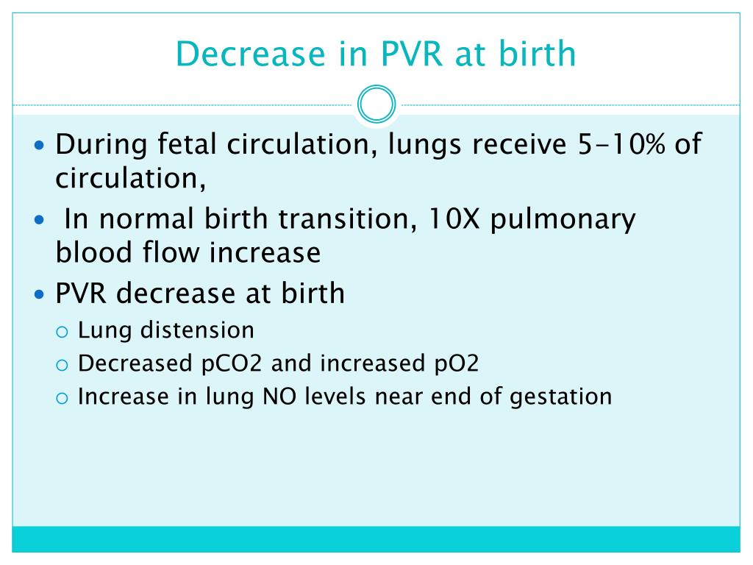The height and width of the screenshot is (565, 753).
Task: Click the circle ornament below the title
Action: (x=376, y=105)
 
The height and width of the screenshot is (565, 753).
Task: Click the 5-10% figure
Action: (x=618, y=144)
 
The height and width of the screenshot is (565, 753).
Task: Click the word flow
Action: (x=163, y=252)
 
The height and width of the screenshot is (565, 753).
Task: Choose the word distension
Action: (x=200, y=330)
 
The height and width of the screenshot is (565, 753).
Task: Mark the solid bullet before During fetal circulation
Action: (x=40, y=144)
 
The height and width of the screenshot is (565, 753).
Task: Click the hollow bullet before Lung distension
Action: (x=63, y=331)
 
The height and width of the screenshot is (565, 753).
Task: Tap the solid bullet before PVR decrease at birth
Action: (x=40, y=294)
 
